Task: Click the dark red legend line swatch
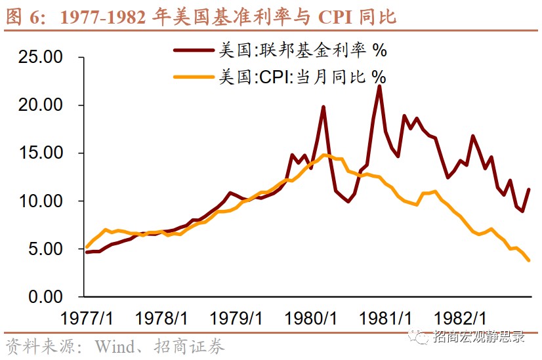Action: coord(194,50)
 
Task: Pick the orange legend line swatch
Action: coord(194,77)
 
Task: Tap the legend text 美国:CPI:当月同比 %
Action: coord(301,77)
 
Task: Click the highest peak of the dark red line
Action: coord(379,86)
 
